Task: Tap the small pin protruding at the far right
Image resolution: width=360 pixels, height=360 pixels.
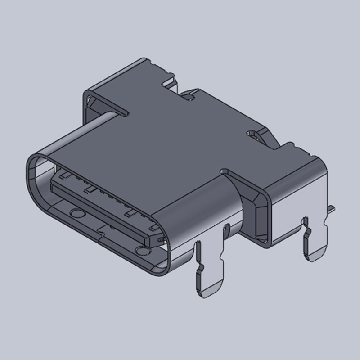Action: pyautogui.click(x=332, y=208)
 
